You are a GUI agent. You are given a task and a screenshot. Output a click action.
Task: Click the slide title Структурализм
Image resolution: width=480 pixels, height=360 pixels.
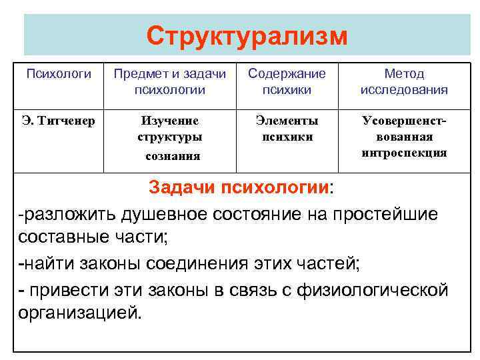pyautogui.click(x=247, y=35)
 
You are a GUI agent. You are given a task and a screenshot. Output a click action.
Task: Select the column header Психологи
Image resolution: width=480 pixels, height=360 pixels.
pyautogui.click(x=59, y=74)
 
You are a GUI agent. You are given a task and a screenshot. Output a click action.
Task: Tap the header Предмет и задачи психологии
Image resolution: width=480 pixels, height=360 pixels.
pyautogui.click(x=169, y=81)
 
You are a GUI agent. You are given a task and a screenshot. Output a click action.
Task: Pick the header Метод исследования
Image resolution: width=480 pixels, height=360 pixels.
pyautogui.click(x=403, y=81)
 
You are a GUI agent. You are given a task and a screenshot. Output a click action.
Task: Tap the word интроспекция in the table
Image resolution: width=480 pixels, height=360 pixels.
pyautogui.click(x=404, y=153)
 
